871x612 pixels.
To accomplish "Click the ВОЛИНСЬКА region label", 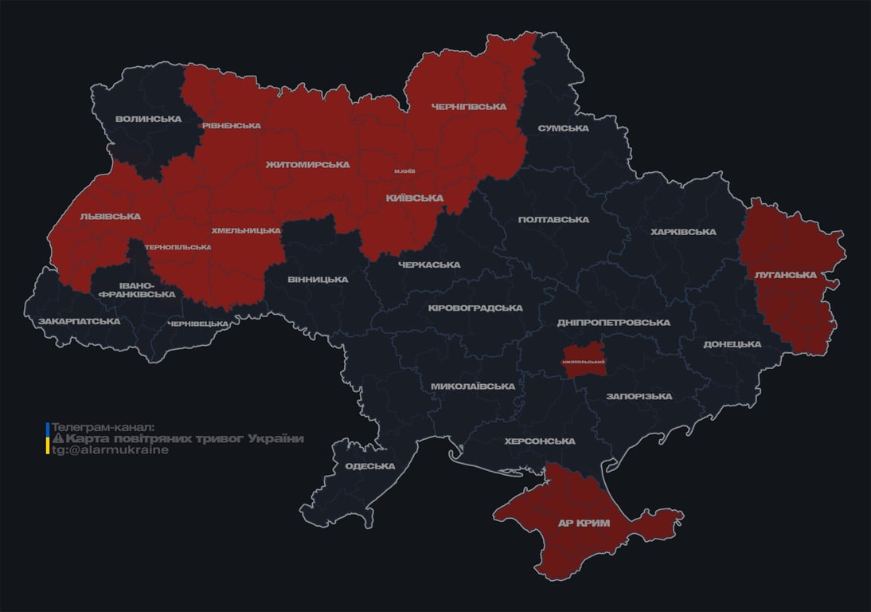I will coord(148,120).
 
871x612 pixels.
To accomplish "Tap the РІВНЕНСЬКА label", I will coord(231,126).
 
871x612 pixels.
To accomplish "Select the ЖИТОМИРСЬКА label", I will coord(307,164).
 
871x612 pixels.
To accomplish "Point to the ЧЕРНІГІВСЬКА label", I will coord(468,107).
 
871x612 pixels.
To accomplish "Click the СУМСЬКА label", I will coord(563,128).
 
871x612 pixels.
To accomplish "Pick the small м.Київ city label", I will coord(404,171).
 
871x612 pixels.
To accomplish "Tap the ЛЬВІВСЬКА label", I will coord(110,216).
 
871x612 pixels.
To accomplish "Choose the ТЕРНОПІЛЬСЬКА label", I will coord(178,247).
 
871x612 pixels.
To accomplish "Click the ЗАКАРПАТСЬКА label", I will coord(79,321).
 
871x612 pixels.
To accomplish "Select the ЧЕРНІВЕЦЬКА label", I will coord(198,324).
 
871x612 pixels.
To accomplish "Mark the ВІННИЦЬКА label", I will coord(318,280).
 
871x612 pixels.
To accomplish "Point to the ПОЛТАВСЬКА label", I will coord(553,219).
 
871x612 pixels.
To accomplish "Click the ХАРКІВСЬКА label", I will coord(683,232).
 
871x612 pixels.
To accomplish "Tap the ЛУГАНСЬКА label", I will coord(785,275).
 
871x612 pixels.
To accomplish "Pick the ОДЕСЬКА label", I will coord(369,466).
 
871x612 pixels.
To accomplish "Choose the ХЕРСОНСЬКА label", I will coord(540,441).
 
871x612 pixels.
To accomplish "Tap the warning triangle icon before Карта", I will coord(57,439).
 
